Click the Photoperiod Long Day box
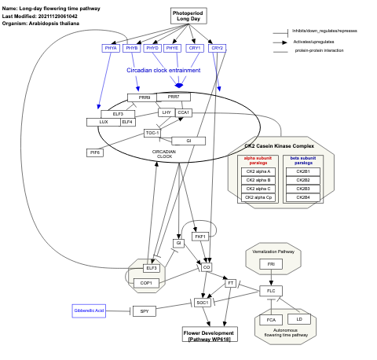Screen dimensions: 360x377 click(188, 15)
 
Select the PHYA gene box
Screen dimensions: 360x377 click(111, 48)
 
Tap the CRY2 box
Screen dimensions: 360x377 click(218, 48)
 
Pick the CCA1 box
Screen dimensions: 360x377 click(183, 112)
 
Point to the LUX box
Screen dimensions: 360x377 click(103, 123)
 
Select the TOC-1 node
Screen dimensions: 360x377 click(152, 133)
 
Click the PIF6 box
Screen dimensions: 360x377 click(96, 152)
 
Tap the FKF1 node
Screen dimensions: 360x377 click(199, 236)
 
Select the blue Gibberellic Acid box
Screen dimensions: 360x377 click(89, 311)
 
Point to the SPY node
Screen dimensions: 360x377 click(144, 311)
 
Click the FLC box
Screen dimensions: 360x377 click(271, 291)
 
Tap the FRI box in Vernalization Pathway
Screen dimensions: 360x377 click(271, 264)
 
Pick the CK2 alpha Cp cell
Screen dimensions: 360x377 click(258, 197)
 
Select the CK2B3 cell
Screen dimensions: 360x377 click(302, 189)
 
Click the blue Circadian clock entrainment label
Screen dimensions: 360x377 click(163, 71)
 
